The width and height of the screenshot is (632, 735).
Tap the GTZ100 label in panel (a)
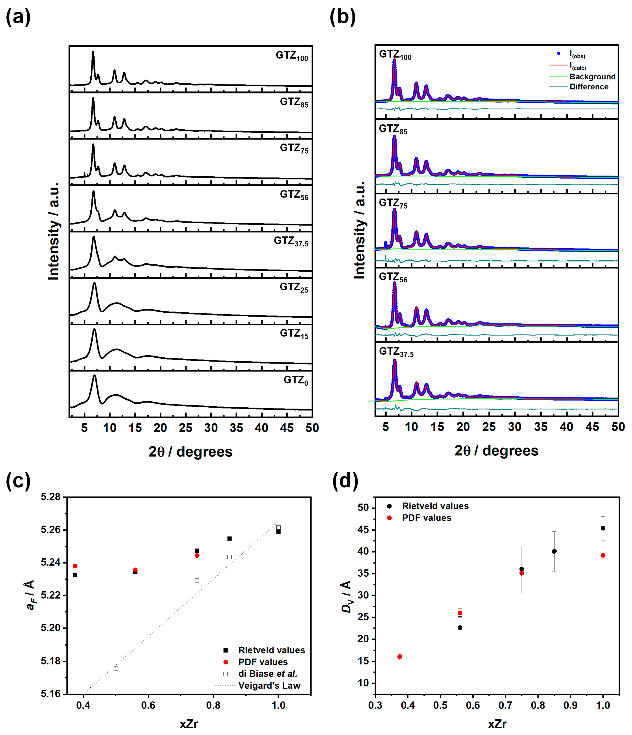click(291, 56)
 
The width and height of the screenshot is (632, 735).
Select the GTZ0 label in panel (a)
click(295, 381)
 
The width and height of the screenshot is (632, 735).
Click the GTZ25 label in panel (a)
click(294, 287)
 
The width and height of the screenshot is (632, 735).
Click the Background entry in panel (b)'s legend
click(592, 77)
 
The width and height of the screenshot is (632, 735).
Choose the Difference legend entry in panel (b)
click(589, 87)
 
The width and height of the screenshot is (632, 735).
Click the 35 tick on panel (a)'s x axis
click(236, 428)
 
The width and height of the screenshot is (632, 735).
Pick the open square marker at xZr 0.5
click(116, 668)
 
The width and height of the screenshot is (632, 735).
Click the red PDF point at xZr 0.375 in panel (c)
click(75, 566)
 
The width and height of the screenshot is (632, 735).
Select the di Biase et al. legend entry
click(267, 674)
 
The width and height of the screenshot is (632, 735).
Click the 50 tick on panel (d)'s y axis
click(363, 508)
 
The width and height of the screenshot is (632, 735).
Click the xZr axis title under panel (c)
click(189, 724)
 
